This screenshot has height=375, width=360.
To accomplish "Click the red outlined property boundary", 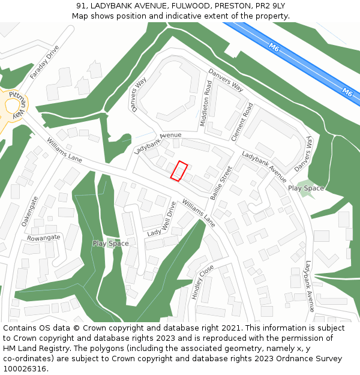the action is click(x=179, y=171).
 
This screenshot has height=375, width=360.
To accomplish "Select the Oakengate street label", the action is click(x=30, y=211).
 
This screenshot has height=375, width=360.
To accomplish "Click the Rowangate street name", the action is click(x=43, y=238).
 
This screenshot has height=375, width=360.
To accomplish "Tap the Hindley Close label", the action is click(x=202, y=281).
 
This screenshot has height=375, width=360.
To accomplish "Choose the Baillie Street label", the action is click(x=226, y=183).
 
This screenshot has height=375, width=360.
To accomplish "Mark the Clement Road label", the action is click(x=242, y=122).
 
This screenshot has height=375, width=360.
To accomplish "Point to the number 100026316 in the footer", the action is click(x=25, y=369).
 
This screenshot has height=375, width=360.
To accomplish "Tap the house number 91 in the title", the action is click(x=81, y=5).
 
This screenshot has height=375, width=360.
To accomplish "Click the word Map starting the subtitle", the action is click(x=80, y=16).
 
